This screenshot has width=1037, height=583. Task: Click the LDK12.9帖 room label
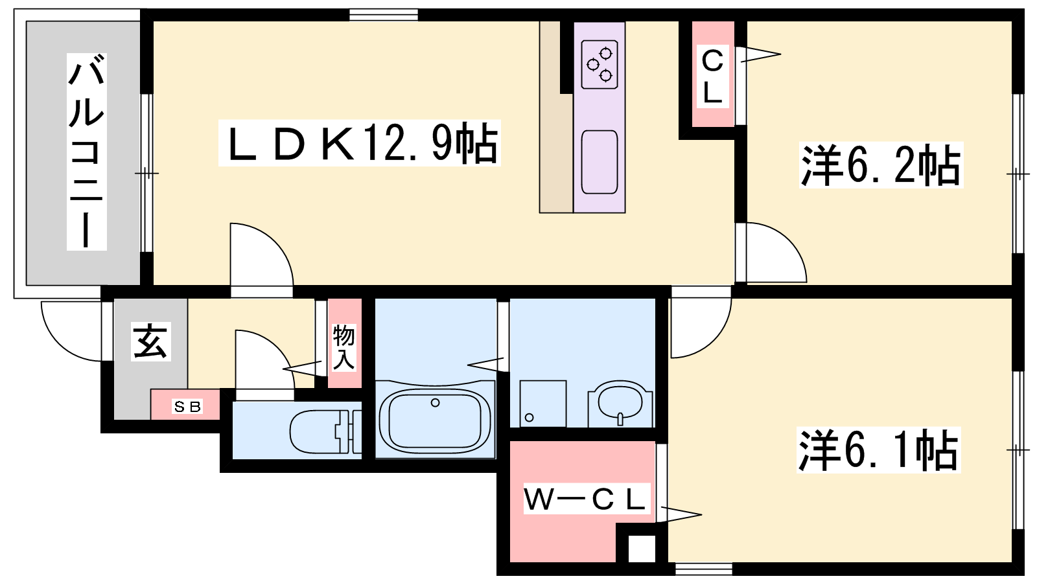point(360,143)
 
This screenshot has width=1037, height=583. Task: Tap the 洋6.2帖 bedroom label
point(881,165)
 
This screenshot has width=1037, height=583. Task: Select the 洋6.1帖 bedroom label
point(879,450)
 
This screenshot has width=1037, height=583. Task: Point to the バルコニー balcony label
point(87,152)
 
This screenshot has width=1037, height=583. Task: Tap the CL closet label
point(712,76)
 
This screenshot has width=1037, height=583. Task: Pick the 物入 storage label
point(344,347)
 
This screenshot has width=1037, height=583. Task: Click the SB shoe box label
point(187,407)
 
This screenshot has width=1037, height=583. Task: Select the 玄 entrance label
point(151,341)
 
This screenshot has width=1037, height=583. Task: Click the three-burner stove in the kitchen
point(600,64)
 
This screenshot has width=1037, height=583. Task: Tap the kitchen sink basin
point(600,162)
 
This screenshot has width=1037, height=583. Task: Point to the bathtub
point(435,419)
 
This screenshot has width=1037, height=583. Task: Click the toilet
point(325,432)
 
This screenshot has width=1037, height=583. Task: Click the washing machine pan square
point(542,404)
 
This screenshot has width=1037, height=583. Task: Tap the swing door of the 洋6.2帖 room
point(771,253)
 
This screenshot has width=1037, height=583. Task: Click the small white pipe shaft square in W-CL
point(642,549)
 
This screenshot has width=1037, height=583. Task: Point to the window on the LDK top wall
point(383,15)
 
